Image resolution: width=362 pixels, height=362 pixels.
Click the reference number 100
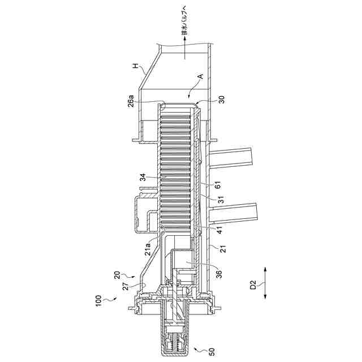[98, 301]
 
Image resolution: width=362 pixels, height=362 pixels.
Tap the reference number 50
[211, 351]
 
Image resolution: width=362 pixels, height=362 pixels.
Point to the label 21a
[147, 249]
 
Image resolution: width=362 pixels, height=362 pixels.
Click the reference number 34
[143, 177]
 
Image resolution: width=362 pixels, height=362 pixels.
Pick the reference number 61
[218, 185]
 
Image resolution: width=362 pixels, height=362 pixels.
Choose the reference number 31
[221, 200]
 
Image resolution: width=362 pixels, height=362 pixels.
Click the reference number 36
[218, 274]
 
